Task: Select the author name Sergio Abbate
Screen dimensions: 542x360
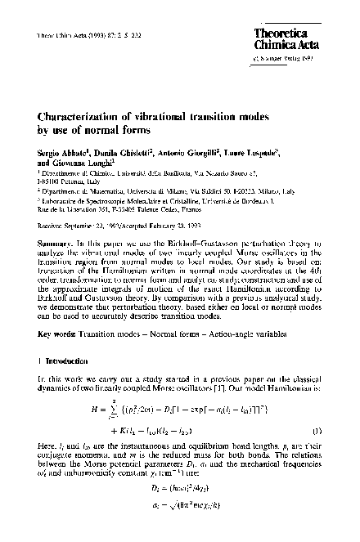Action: [60, 153]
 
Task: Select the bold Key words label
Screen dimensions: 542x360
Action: [59, 334]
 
